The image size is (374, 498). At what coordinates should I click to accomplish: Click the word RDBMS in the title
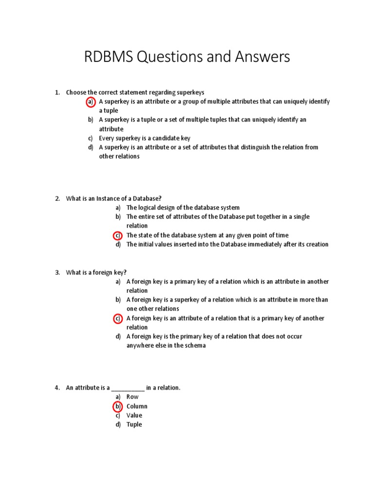pyautogui.click(x=109, y=57)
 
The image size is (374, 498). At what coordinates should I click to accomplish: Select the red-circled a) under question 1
pyautogui.click(x=90, y=102)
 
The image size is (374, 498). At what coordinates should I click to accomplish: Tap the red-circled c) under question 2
pyautogui.click(x=117, y=235)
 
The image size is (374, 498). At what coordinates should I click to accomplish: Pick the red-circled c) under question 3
pyautogui.click(x=117, y=319)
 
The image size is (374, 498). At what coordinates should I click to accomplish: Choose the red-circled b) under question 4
pyautogui.click(x=117, y=407)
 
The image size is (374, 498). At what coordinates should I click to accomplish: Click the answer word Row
pyautogui.click(x=132, y=397)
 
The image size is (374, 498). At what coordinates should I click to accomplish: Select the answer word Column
pyautogui.click(x=137, y=407)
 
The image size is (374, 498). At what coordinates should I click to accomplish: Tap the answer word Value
pyautogui.click(x=134, y=415)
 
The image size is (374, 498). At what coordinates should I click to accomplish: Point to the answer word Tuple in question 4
pyautogui.click(x=134, y=425)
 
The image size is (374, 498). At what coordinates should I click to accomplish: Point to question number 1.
pyautogui.click(x=57, y=92)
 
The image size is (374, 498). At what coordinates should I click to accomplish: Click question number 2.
pyautogui.click(x=57, y=198)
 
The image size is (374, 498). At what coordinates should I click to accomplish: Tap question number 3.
pyautogui.click(x=57, y=272)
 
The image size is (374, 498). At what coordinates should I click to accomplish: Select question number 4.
pyautogui.click(x=57, y=388)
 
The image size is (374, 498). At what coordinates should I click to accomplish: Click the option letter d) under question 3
pyautogui.click(x=118, y=337)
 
